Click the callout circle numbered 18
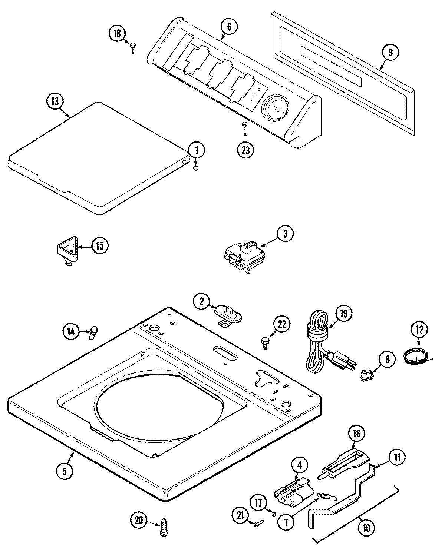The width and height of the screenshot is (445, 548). point(117,34)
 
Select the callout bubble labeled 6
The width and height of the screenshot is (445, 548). point(228,26)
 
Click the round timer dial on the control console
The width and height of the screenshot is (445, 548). point(275,108)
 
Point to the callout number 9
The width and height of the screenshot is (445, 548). point(390,52)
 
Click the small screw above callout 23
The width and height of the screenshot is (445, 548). point(245,124)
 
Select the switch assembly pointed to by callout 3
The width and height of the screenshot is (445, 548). point(241,256)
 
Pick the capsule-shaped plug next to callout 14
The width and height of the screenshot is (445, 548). point(93,332)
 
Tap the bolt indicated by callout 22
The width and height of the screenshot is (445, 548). point(265,342)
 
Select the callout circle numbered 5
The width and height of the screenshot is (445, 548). point(64,471)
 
